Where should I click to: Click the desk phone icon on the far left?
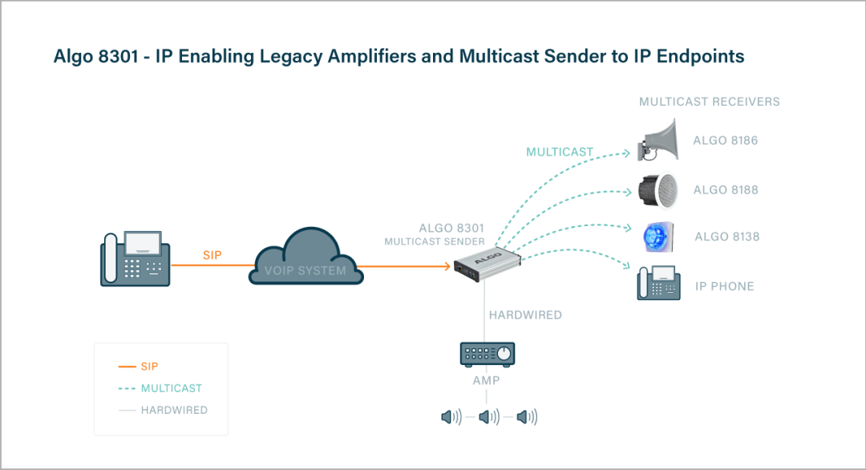pyautogui.click(x=136, y=258)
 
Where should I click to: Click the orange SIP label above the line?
pyautogui.click(x=212, y=255)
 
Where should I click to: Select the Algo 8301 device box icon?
pyautogui.click(x=487, y=265)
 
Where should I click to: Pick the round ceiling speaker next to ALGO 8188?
pyautogui.click(x=658, y=189)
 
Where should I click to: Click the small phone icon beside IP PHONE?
pyautogui.click(x=658, y=283)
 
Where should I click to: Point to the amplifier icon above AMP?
pyautogui.click(x=487, y=354)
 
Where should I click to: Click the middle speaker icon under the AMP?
pyautogui.click(x=488, y=417)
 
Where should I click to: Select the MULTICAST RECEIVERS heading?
pyautogui.click(x=709, y=102)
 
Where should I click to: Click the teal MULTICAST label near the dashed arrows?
pyautogui.click(x=560, y=152)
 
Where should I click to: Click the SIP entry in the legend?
pyautogui.click(x=149, y=367)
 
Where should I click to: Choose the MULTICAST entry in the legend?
pyautogui.click(x=171, y=388)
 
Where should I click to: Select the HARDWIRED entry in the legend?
pyautogui.click(x=174, y=410)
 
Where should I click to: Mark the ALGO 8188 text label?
pyautogui.click(x=726, y=190)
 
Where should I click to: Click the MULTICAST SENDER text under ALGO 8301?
pyautogui.click(x=434, y=241)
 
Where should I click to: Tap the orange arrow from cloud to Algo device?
pyautogui.click(x=409, y=266)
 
